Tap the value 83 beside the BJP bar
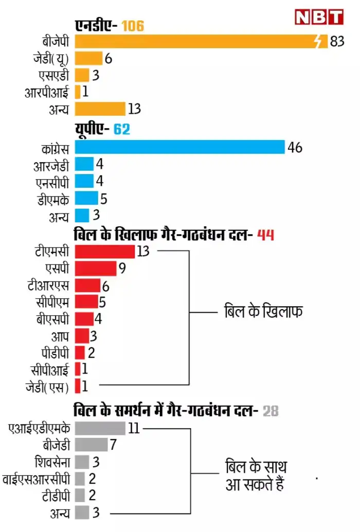pos(337,42)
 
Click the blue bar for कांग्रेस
pos(179,147)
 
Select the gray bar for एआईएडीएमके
pos(100,428)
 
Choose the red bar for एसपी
pos(96,268)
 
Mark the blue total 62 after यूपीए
pos(122,130)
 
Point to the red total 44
pos(264,235)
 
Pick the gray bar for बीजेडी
pos(91,445)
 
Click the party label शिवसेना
pos(51,462)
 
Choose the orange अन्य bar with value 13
pos(100,109)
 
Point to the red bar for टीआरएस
pos(87,285)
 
